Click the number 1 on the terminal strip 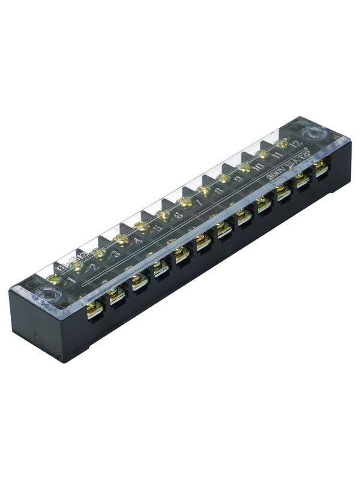(72, 280)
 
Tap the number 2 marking (93, 268)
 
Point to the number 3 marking (116, 254)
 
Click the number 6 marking (178, 216)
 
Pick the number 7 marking (199, 203)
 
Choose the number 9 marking (239, 179)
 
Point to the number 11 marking (277, 156)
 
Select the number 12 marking (295, 145)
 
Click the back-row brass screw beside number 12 (280, 143)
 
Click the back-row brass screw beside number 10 (244, 165)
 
